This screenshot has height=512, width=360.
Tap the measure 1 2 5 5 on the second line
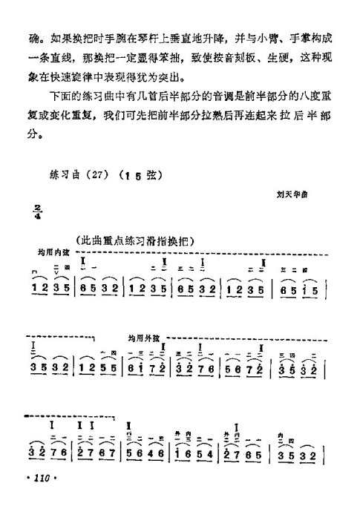tap(99, 368)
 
